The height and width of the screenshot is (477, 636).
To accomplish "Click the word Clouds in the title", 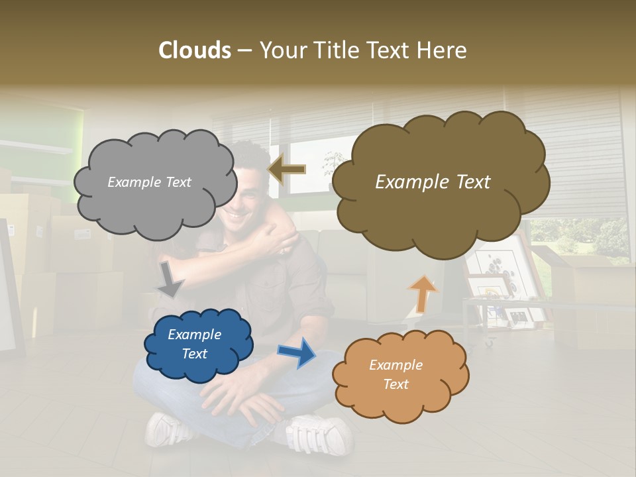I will (x=195, y=50).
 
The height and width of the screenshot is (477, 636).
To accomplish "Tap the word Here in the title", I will (x=443, y=50).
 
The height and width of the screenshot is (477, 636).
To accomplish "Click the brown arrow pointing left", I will (x=286, y=170).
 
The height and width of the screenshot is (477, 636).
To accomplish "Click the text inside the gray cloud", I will (x=149, y=182).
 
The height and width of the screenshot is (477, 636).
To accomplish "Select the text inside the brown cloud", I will (x=433, y=182).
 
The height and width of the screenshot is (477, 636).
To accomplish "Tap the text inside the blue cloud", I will (x=194, y=344).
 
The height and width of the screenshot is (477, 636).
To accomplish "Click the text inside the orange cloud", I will (x=396, y=374).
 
